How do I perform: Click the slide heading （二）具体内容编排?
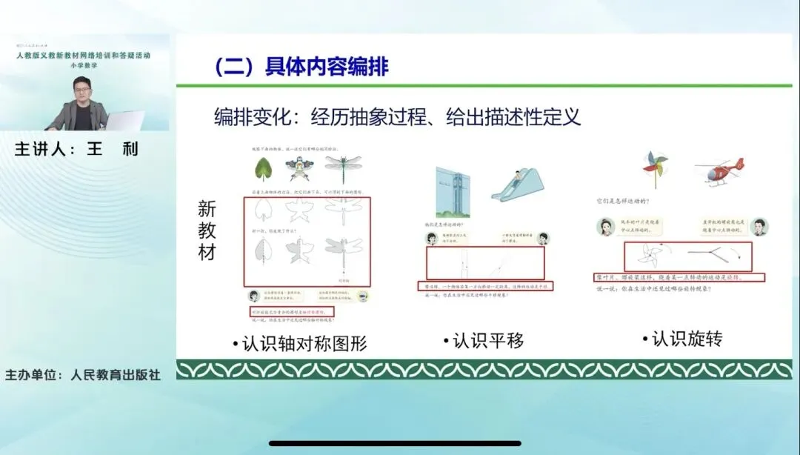pyautogui.click(x=301, y=67)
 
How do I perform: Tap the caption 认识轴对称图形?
pyautogui.click(x=299, y=344)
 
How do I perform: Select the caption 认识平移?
pyautogui.click(x=484, y=341)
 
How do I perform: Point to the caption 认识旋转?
pyautogui.click(x=682, y=339)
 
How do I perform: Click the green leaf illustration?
pyautogui.click(x=263, y=170)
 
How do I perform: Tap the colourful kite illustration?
pyautogui.click(x=303, y=171)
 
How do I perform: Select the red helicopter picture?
pyautogui.click(x=719, y=170)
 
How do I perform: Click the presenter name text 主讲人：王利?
pyautogui.click(x=76, y=149)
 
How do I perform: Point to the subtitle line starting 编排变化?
pyautogui.click(x=397, y=116)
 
